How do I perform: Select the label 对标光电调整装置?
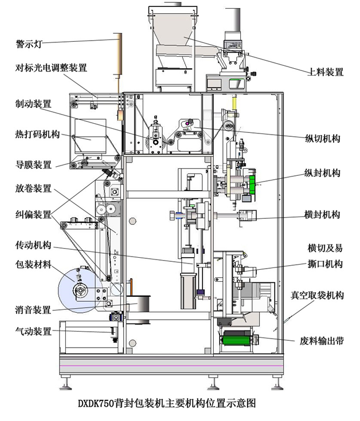[x=51, y=68]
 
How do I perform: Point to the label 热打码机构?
[x=37, y=135]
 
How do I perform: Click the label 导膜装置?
[x=33, y=165]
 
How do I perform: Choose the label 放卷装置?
[x=33, y=188]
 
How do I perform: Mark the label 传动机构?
[x=33, y=245]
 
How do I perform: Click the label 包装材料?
[x=33, y=265]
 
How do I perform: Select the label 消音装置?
[x=33, y=310]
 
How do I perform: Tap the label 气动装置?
[x=33, y=331]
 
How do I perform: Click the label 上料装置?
[x=326, y=72]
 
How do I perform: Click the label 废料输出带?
[x=322, y=340]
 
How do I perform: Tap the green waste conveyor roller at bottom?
[x=237, y=340]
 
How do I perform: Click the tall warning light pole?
[x=119, y=54]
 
